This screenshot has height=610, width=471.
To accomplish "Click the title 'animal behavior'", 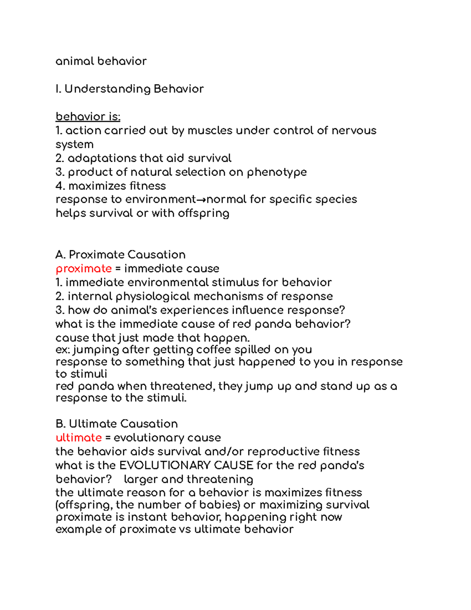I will tap(101, 61).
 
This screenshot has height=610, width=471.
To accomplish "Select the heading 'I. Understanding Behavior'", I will tap(130, 89).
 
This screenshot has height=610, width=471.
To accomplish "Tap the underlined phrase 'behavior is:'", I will tap(88, 117).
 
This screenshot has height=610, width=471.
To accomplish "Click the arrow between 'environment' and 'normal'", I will tap(201, 200).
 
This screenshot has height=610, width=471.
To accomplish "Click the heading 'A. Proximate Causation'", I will tap(120, 255).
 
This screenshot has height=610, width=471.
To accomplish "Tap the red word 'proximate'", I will tap(84, 269).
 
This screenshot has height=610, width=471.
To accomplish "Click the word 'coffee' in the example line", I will tap(214, 350).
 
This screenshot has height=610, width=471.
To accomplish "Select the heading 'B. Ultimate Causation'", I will tap(117, 424).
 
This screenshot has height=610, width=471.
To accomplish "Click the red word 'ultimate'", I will tap(78, 438).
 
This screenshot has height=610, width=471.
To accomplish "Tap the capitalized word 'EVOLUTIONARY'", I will tap(165, 465).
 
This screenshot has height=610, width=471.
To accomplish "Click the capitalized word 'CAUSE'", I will tap(234, 465).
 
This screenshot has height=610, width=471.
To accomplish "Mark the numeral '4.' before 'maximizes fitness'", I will tap(60, 186).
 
